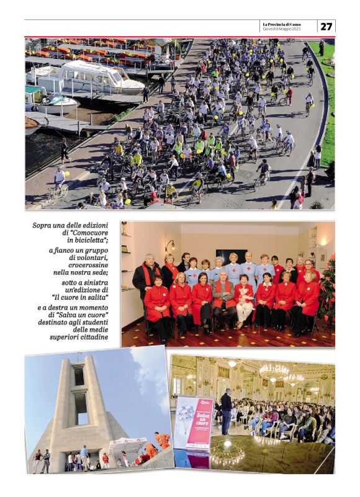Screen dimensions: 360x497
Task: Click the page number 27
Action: click(x=326, y=26)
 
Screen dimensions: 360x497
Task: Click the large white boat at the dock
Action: click(x=87, y=78)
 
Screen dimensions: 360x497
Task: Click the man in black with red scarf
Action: click(x=146, y=276)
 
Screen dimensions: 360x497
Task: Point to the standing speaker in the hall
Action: click(x=226, y=410)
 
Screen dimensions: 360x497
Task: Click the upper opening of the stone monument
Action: click(x=79, y=376)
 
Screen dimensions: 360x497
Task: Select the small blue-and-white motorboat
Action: click(x=55, y=102)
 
